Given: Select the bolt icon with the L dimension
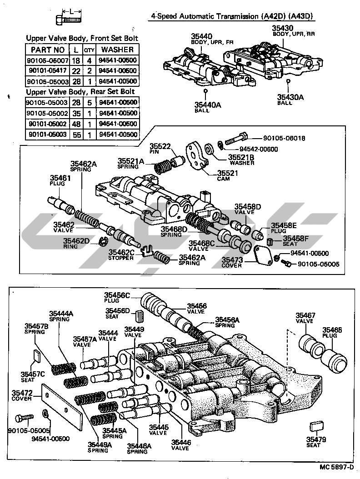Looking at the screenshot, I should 68,19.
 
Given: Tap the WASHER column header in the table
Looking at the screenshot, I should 117,49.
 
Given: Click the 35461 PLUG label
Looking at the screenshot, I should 58,181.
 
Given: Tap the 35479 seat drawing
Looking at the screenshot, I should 315,426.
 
